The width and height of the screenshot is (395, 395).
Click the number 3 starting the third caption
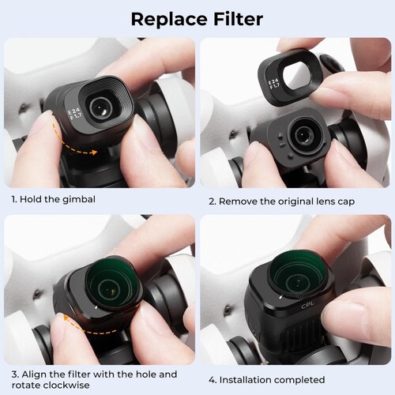(x=13, y=374)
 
